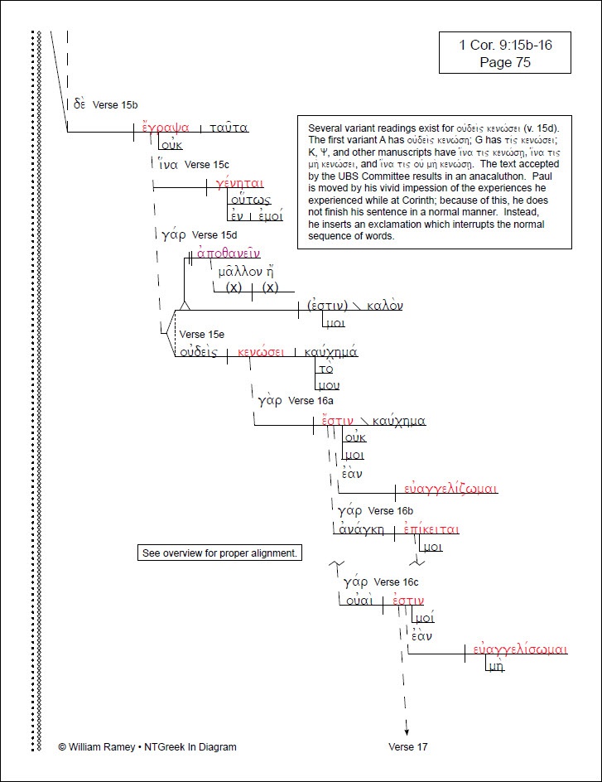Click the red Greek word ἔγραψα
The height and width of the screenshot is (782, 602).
(166, 128)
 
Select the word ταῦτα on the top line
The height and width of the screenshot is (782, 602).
(229, 128)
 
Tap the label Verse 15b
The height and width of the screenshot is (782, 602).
(115, 104)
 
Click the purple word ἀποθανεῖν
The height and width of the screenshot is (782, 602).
(229, 253)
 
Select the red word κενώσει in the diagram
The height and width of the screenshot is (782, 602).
(261, 352)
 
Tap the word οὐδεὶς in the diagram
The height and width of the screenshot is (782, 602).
(200, 352)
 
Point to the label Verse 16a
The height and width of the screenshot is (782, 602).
(310, 401)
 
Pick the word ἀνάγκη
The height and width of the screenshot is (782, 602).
(360, 529)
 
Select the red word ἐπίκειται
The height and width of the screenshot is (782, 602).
(431, 529)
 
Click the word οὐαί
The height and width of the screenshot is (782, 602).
(360, 601)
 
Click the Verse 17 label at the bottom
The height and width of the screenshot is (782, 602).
(407, 746)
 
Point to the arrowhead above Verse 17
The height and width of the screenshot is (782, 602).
(407, 729)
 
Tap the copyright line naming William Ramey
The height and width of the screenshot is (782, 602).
(147, 746)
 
